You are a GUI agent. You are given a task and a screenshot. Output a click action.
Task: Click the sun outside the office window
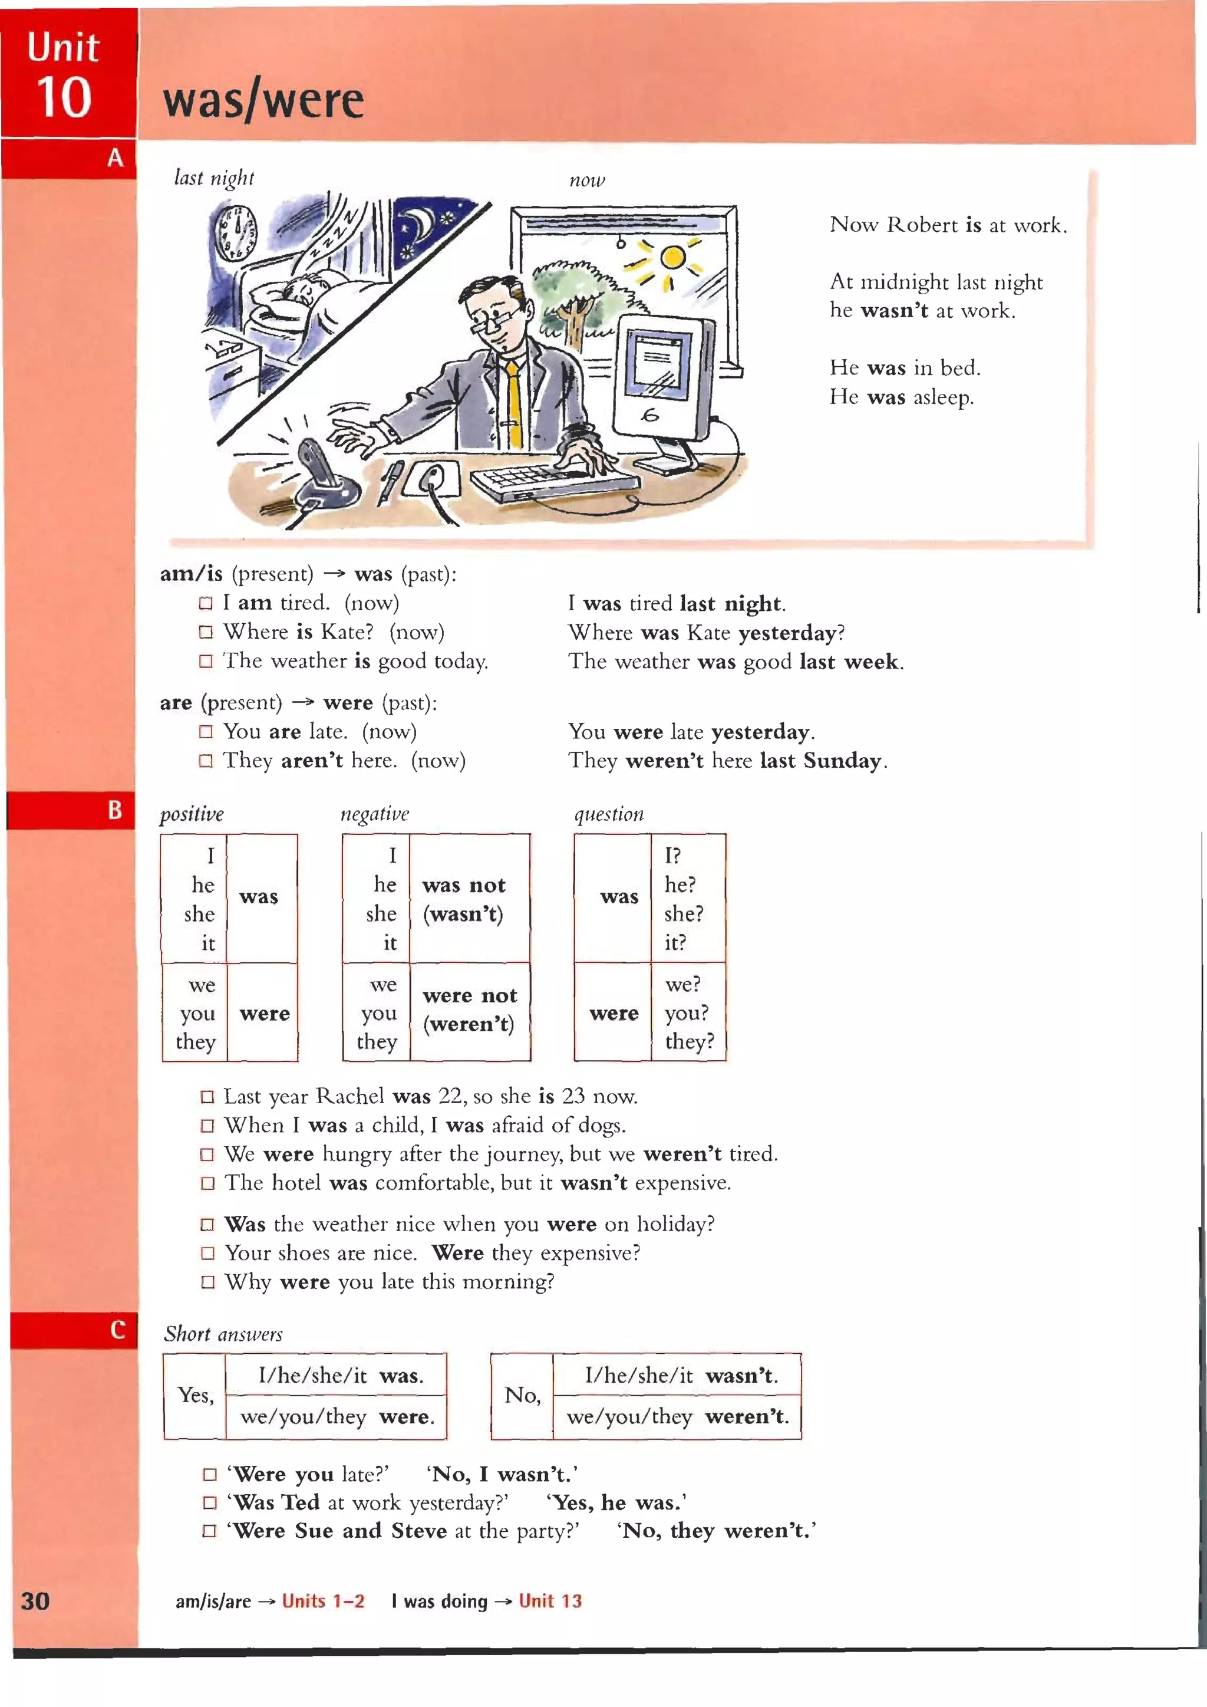pos(672,258)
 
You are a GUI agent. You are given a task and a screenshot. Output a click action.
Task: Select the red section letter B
pos(114,810)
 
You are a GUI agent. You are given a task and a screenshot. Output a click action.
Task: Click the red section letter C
pos(117,1330)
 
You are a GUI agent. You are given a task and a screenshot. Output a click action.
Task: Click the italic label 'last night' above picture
pos(213,179)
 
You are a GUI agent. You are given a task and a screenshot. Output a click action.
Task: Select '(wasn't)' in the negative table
pos(462,914)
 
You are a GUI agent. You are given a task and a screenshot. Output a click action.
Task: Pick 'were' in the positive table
pos(265,1014)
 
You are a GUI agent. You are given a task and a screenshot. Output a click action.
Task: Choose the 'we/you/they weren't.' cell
pos(677,1417)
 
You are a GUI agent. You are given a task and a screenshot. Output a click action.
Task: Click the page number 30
pos(35,1601)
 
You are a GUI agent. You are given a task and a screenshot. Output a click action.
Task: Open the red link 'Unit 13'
pos(550,1601)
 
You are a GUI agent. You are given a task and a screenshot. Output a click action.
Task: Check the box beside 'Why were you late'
pos(207,1282)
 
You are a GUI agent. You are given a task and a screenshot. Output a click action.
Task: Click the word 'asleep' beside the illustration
pos(942,397)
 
